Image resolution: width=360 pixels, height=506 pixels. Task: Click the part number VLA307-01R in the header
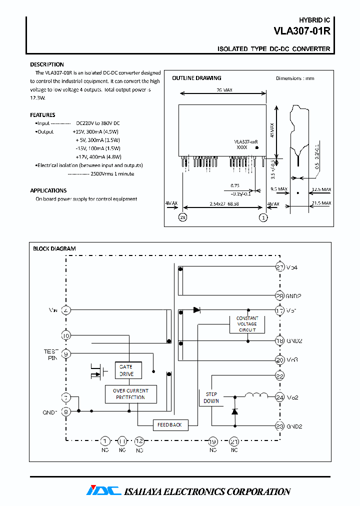pos(301,31)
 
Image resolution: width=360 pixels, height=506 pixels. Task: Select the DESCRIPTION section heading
pos(47,64)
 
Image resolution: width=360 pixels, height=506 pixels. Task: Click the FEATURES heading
pos(42,115)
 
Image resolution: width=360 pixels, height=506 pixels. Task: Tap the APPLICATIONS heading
pos(48,190)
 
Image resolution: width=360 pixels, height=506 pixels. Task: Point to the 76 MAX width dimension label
pos(223,90)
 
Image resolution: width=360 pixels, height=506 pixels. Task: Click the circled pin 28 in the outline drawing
pos(183,217)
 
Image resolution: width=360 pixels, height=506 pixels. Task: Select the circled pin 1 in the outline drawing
pos(263,217)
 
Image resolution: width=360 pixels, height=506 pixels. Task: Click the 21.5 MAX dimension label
pos(320,203)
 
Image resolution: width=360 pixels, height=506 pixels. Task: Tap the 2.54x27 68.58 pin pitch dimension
pos(222,204)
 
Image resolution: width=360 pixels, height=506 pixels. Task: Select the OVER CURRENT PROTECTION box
pos(130,394)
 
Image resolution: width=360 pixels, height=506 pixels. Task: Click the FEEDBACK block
pos(170,424)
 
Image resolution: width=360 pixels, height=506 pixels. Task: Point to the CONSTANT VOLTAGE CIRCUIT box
pos(247,324)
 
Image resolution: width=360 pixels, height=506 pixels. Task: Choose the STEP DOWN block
pos(211,397)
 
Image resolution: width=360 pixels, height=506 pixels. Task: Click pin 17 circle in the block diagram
pos(280,310)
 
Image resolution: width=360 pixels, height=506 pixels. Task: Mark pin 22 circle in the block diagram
pos(280,375)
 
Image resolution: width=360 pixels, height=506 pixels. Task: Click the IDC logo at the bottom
pos(103,490)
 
